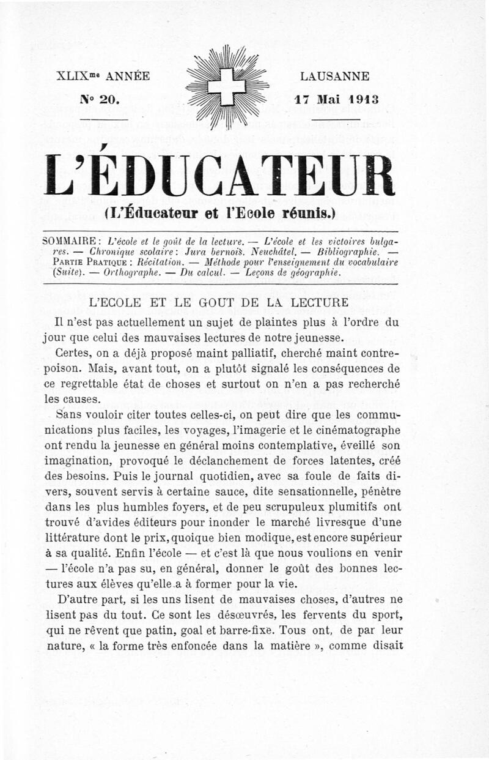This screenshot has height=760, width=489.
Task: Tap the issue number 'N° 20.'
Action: [x=101, y=99]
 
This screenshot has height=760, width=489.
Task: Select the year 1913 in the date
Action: [x=364, y=99]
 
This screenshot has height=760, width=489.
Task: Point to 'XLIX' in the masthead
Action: [x=73, y=76]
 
